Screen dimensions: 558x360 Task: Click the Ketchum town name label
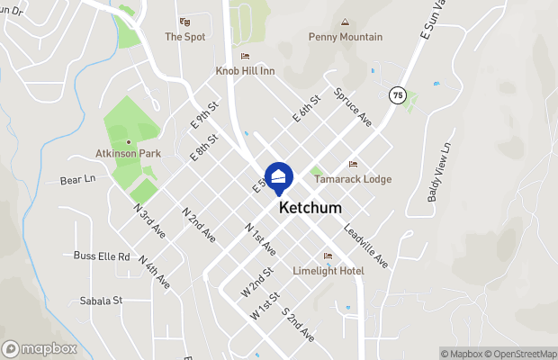point(310,207)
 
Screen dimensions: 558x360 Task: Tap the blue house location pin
point(279,177)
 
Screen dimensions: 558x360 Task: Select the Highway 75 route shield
point(397,94)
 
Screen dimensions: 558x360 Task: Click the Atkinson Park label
point(128,154)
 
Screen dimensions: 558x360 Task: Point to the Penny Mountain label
point(346,37)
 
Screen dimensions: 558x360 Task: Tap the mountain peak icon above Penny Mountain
point(343,22)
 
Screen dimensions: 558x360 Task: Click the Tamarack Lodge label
point(352,179)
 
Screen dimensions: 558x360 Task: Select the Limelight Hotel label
point(328,271)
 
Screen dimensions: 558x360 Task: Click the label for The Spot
point(184,37)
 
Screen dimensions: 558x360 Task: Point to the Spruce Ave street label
point(353,105)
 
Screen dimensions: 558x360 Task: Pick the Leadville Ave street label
point(365,246)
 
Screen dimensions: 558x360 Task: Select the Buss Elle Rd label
point(102,256)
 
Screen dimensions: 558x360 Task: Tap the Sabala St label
point(100,301)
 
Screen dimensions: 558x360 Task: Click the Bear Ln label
point(77,179)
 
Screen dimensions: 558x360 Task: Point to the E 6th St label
point(306,110)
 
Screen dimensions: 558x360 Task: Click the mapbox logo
point(40,349)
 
